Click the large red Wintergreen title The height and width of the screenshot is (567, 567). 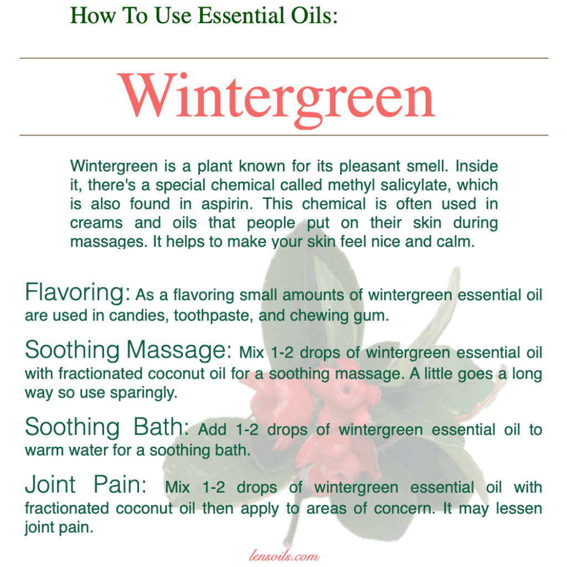(x=277, y=97)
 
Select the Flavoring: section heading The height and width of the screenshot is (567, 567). (x=78, y=292)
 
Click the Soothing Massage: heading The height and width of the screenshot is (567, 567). (x=128, y=350)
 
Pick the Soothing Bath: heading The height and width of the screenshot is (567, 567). (x=107, y=427)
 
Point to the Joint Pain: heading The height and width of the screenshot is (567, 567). (x=86, y=484)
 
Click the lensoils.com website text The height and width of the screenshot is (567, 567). (x=284, y=555)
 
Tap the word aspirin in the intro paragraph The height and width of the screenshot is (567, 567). (x=227, y=204)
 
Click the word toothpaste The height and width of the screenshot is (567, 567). (x=213, y=316)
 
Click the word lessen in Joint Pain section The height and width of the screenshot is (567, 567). (x=518, y=508)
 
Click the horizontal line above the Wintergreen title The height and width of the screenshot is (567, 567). (x=284, y=58)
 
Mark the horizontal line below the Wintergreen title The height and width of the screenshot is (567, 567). (x=284, y=135)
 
